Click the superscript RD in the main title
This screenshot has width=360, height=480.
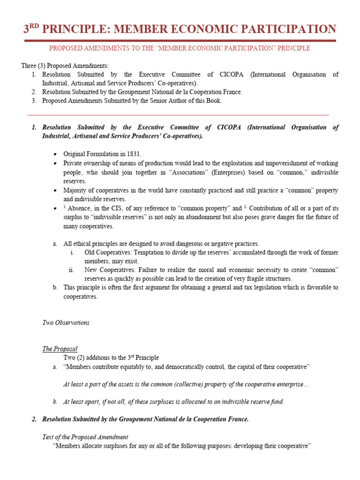(34, 26)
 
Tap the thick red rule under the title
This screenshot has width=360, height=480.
(180, 41)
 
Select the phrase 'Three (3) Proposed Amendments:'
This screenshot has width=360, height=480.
(65, 66)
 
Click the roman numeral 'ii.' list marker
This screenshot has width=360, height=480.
(71, 270)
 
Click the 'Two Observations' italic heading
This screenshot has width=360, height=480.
(66, 323)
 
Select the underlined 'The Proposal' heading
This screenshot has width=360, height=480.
(60, 349)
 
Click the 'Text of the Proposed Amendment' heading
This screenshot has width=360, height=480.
(85, 437)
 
